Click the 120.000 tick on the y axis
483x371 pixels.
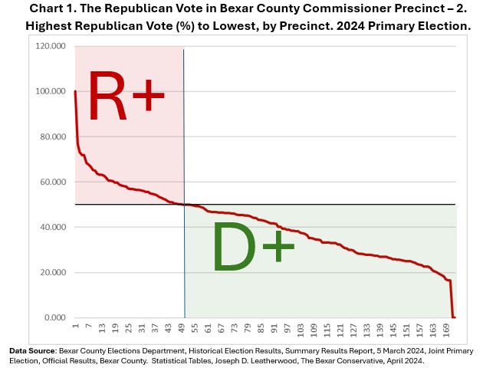tap(51, 46)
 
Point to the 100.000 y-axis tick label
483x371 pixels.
tap(51, 91)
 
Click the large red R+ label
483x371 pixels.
tap(126, 97)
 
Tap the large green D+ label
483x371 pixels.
tap(252, 247)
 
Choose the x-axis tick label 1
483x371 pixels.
tap(75, 327)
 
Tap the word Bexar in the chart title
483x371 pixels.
tap(251, 8)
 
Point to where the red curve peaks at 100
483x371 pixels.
tap(75, 92)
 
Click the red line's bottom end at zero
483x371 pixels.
tap(454, 317)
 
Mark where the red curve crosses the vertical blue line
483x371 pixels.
tap(184, 204)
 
